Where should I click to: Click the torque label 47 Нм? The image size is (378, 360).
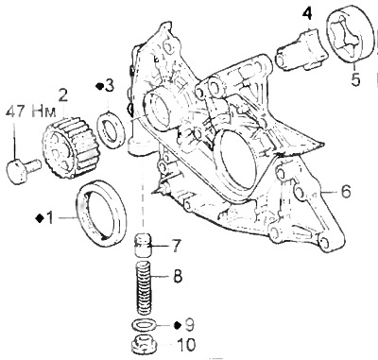click(x=30, y=111)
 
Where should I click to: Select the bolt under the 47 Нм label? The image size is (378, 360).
click(x=24, y=169)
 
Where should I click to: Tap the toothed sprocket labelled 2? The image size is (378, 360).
click(x=69, y=147)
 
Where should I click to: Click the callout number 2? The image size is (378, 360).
click(x=62, y=94)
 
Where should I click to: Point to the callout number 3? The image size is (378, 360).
click(x=109, y=86)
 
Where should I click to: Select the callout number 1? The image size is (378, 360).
click(x=50, y=217)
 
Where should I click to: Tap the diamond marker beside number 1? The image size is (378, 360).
click(x=41, y=217)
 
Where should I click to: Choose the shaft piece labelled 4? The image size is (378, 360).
click(x=301, y=51)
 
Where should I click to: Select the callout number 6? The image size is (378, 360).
click(x=346, y=191)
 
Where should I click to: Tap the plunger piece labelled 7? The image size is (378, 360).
click(x=143, y=246)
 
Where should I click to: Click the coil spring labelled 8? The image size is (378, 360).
click(x=146, y=288)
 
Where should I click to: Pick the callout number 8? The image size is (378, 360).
click(x=178, y=277)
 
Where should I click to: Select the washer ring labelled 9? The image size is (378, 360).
click(x=145, y=325)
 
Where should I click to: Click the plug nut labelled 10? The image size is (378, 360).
click(x=143, y=345)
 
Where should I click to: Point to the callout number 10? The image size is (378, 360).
click(x=186, y=345)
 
